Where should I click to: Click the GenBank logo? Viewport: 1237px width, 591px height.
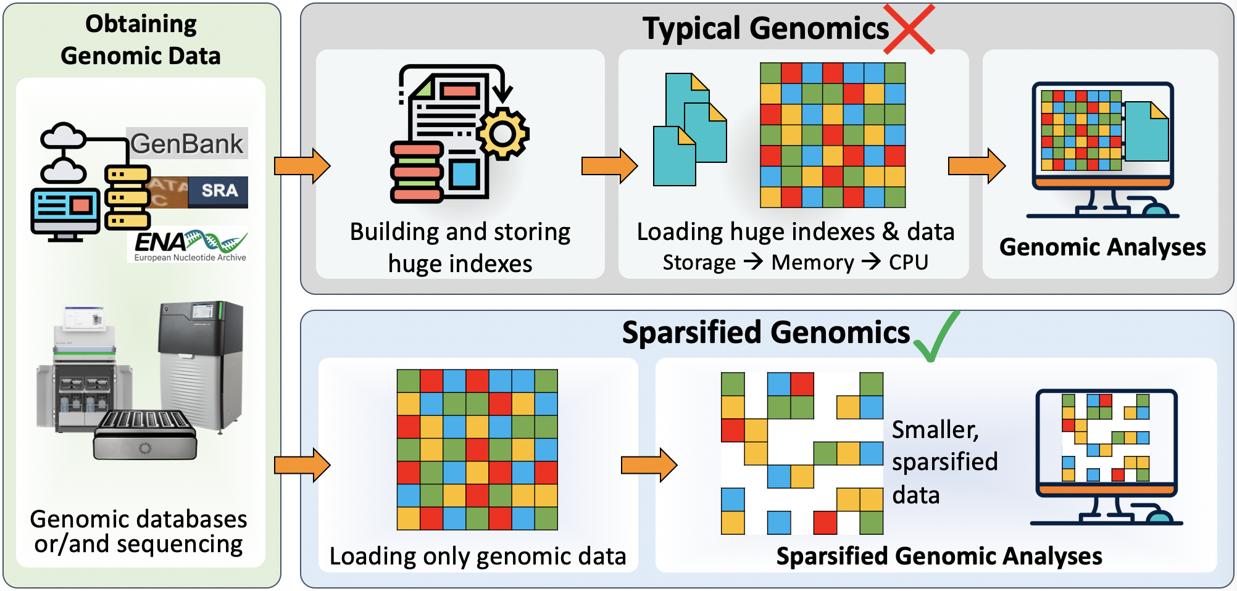pyautogui.click(x=187, y=144)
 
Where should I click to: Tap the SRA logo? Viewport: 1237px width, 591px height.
pyautogui.click(x=219, y=191)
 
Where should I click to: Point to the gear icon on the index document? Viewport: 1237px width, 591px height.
pyautogui.click(x=503, y=133)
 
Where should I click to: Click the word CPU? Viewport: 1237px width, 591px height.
pyautogui.click(x=908, y=263)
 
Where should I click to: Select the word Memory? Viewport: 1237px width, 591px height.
pyautogui.click(x=812, y=263)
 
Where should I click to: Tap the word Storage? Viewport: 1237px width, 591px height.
pyautogui.click(x=699, y=263)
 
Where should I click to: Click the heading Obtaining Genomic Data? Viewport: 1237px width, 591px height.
pyautogui.click(x=141, y=39)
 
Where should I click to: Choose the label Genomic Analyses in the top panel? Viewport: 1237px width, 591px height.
pyautogui.click(x=1102, y=247)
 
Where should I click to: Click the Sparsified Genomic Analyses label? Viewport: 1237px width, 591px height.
pyautogui.click(x=939, y=556)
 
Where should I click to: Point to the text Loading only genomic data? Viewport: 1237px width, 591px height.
pyautogui.click(x=478, y=556)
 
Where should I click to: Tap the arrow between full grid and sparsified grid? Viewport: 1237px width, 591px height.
pyautogui.click(x=649, y=465)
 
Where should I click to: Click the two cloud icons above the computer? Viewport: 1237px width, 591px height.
pyautogui.click(x=62, y=153)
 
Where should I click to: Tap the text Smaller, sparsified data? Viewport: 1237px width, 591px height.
pyautogui.click(x=944, y=462)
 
